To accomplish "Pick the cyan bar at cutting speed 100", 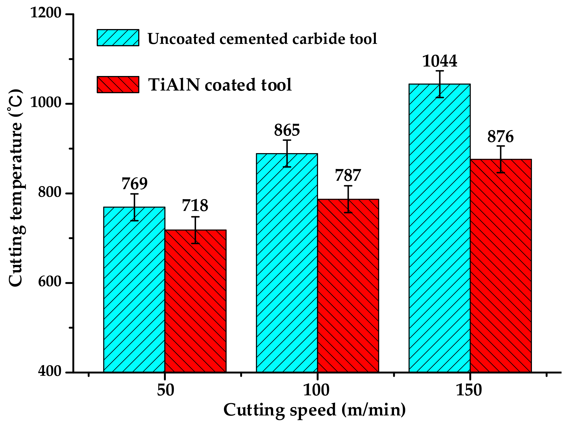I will pos(287,263).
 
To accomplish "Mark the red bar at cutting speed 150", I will pos(501,265).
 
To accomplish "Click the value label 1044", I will pos(440,61).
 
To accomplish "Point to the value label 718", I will pos(195,206).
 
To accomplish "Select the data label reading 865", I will pos(287,130).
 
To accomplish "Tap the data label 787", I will pos(348,175).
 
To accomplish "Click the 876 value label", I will pos(500,137).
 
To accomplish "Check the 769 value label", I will pos(134,184).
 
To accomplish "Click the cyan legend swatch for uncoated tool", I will pos(118,38).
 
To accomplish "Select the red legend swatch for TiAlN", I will pos(118,85).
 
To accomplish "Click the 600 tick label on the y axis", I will pos(49,282).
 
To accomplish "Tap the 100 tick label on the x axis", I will pos(316,390).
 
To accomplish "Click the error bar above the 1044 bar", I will pos(440,84).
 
